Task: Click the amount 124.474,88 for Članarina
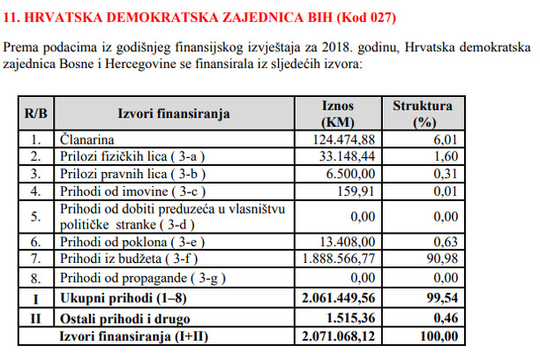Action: (345, 139)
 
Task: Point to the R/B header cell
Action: (36, 113)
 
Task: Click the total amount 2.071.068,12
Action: (339, 336)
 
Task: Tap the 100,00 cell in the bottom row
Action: (439, 336)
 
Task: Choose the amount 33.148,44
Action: (348, 156)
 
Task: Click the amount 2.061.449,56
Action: (339, 299)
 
